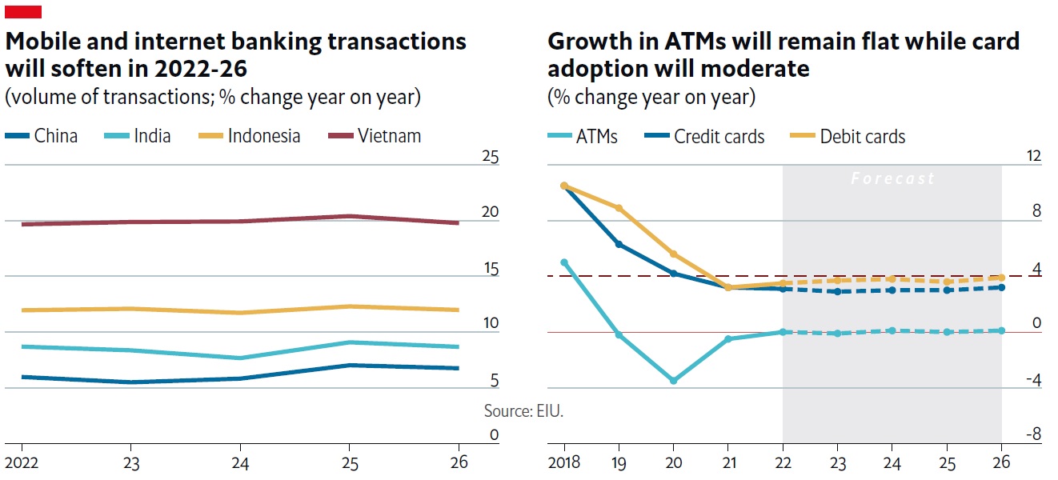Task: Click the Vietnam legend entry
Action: tap(375, 136)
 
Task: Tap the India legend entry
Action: tap(138, 136)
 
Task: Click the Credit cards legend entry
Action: tap(705, 137)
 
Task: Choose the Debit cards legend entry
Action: tap(848, 137)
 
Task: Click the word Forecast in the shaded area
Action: tap(892, 178)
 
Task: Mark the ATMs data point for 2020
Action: tap(673, 381)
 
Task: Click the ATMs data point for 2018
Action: tap(564, 262)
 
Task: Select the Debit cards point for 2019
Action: tap(619, 208)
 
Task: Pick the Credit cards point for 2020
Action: tap(673, 274)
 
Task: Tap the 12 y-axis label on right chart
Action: tap(1034, 157)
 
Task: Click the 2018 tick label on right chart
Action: tap(564, 462)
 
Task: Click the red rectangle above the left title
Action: tap(23, 11)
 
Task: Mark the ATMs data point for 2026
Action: tap(1001, 330)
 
